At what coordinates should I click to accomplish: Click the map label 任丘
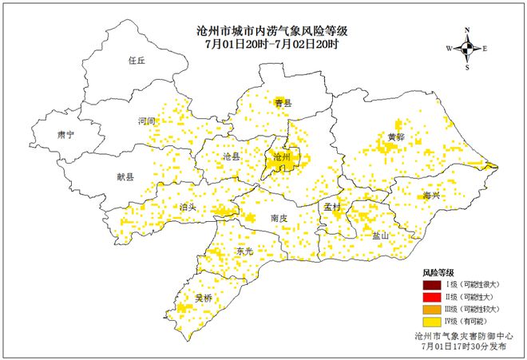coord(138,60)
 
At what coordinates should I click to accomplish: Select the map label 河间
coord(146,121)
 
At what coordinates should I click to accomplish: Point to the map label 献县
coord(125,177)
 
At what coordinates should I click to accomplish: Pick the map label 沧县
coord(232,156)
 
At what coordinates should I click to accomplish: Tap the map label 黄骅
coord(396,136)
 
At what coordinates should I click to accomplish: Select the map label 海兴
coord(432,195)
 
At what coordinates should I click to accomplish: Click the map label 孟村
coord(332,207)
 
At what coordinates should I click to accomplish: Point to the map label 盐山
coord(380,235)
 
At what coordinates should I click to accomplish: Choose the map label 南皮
coord(279,217)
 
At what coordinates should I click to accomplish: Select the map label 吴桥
coord(204,298)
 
